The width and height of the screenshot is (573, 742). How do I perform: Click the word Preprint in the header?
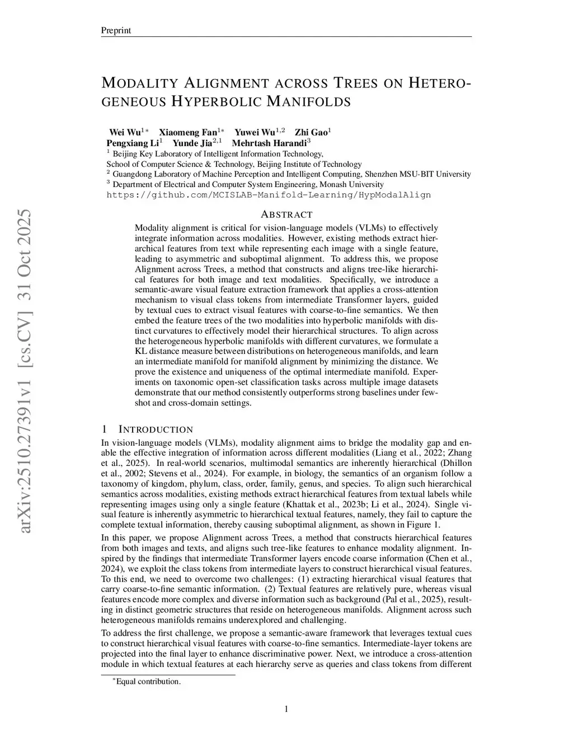115,30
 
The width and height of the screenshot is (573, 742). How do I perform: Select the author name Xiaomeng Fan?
188,133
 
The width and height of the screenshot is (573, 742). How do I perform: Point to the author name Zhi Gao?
311,133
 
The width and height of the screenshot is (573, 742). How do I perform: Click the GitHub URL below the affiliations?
269,195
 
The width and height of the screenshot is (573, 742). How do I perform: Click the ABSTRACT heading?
286,214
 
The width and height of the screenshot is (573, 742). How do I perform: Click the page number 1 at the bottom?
286,710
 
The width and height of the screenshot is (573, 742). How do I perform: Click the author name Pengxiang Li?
132,143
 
